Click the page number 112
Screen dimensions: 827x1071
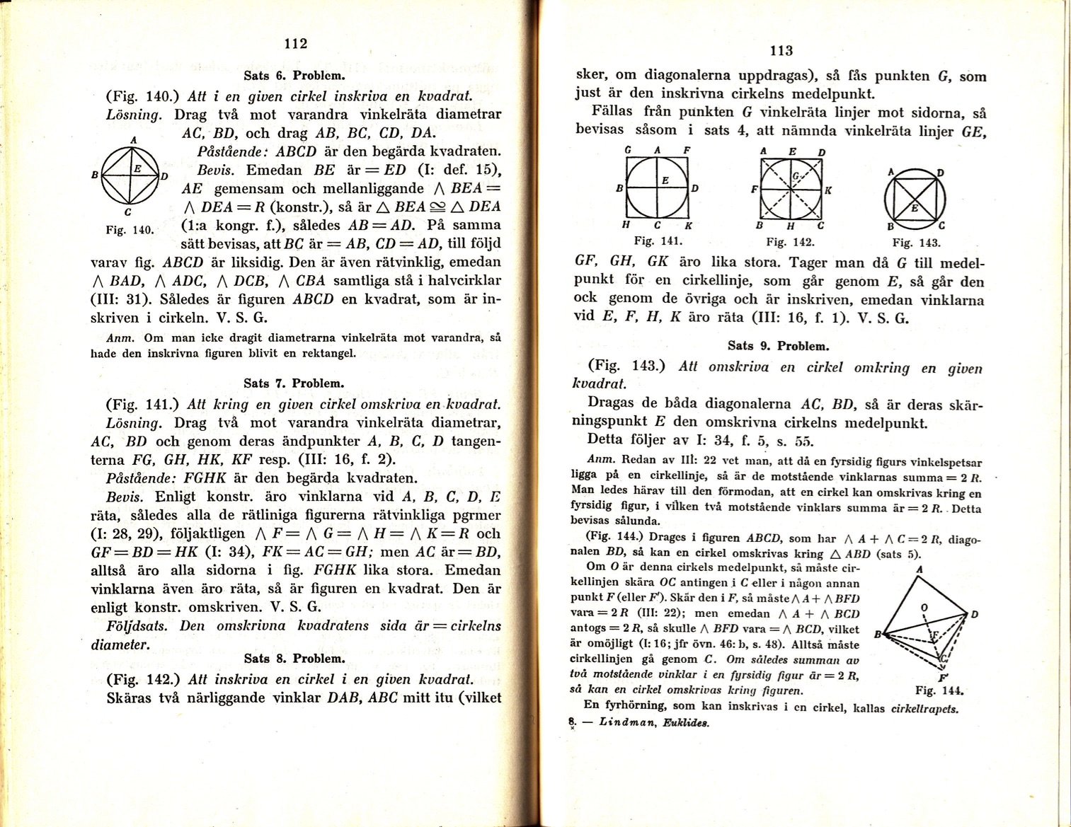(295, 44)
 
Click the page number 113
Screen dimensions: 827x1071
(781, 51)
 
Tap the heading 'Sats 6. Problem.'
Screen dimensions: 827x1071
(294, 76)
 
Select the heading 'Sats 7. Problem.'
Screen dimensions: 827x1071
(294, 383)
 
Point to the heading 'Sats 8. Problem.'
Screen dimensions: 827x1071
(294, 659)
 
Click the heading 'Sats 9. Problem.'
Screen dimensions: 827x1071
(778, 346)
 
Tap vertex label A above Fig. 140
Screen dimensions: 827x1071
(132, 141)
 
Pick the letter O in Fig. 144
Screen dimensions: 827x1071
(922, 607)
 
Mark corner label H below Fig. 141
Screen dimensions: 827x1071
(626, 224)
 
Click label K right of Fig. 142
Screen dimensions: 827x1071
(827, 190)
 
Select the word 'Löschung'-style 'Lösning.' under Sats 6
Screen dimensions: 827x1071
(134, 114)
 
